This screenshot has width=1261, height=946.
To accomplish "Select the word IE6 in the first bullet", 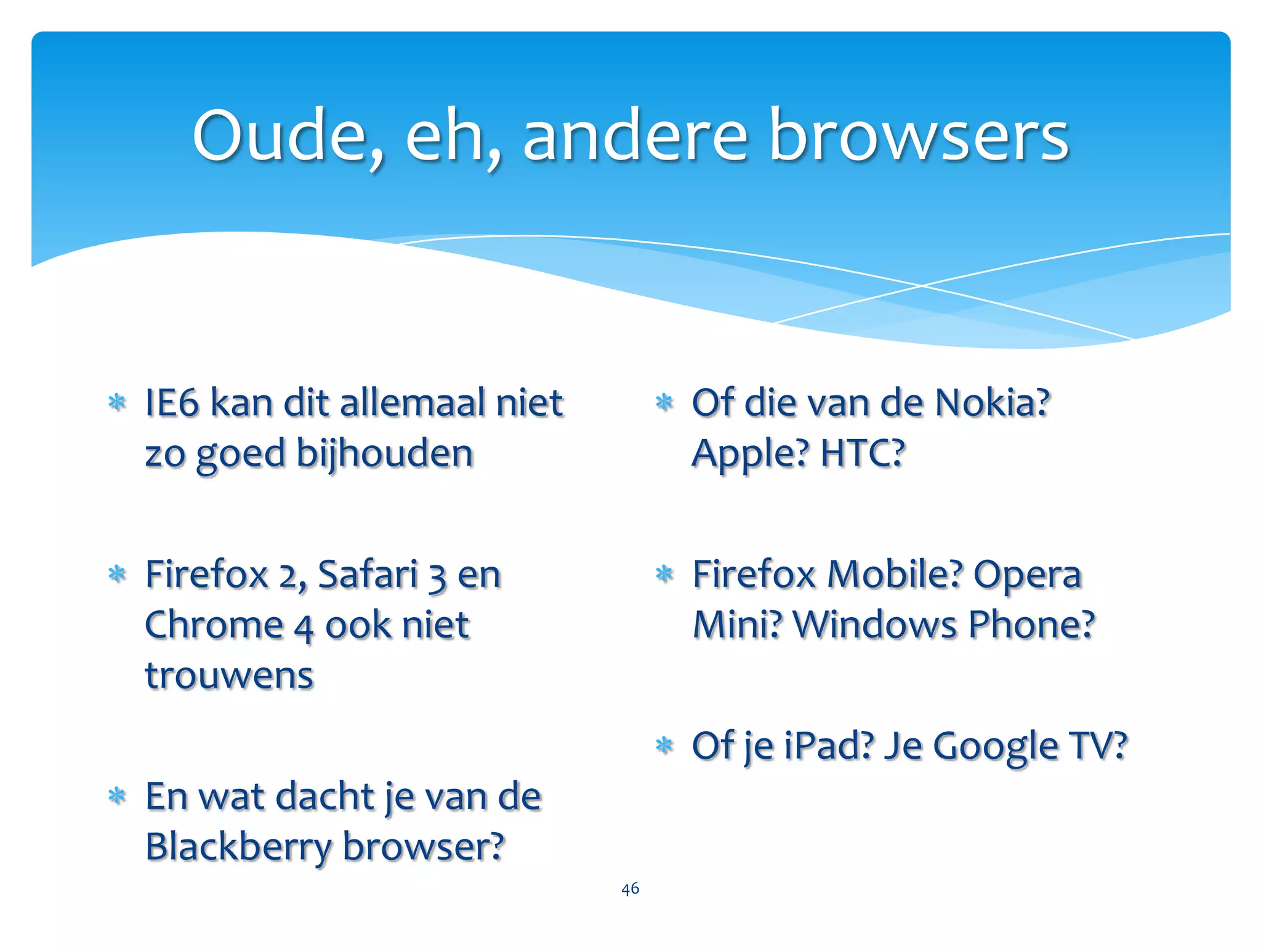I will [x=172, y=403].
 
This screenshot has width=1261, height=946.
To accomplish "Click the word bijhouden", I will [x=385, y=455].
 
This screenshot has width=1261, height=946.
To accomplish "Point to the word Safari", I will [x=368, y=575].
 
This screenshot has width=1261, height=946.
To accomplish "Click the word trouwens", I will [x=229, y=676].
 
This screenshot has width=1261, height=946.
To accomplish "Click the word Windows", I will [x=875, y=626].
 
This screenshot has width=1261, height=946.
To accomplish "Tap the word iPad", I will [x=829, y=746].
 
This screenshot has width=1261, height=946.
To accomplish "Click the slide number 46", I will [x=630, y=889].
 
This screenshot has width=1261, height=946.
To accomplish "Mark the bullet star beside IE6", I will [x=116, y=403].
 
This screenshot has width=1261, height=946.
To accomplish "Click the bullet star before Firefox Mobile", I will [x=664, y=575].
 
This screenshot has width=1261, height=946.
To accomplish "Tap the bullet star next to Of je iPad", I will [x=664, y=745].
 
